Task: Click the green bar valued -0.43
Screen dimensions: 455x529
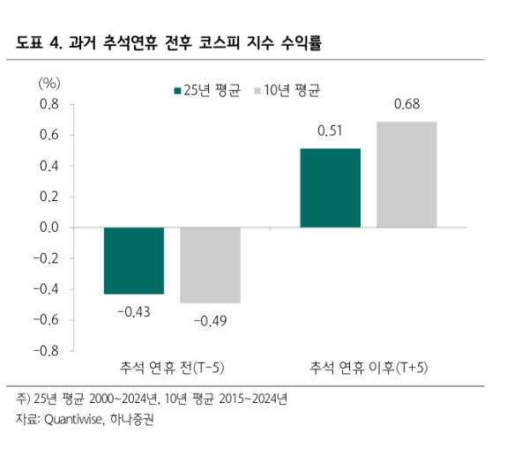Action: (134, 260)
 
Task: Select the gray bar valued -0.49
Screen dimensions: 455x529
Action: (210, 265)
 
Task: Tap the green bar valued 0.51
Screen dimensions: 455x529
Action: (331, 188)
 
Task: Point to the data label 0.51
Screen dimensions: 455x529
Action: (331, 132)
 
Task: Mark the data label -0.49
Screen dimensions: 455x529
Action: (210, 319)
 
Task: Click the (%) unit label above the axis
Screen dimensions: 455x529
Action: (49, 82)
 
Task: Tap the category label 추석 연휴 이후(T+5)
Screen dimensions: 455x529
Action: (369, 367)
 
